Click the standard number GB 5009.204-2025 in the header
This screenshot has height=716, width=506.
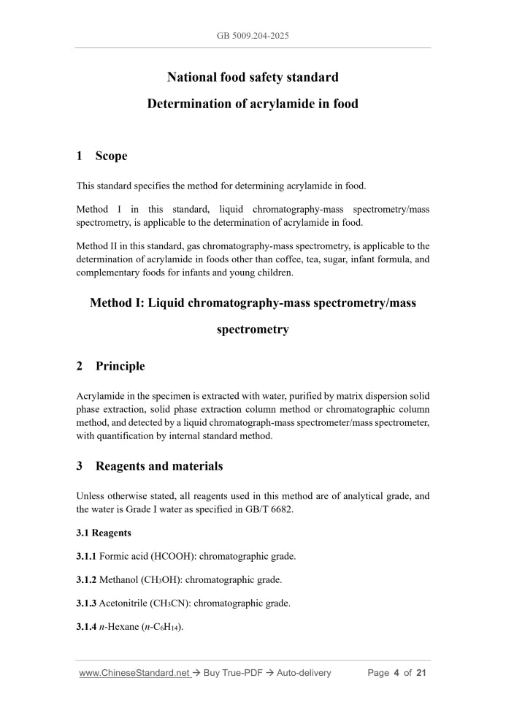click(x=253, y=35)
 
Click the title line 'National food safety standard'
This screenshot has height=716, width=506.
click(x=253, y=77)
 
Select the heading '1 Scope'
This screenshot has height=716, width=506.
click(x=101, y=156)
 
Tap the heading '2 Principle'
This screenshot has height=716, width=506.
click(x=110, y=366)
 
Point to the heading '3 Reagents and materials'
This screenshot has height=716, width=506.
click(x=149, y=466)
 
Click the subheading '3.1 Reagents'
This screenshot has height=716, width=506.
click(x=104, y=533)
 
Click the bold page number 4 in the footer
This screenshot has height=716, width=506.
click(x=396, y=673)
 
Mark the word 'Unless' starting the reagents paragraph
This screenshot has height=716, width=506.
click(x=91, y=495)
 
